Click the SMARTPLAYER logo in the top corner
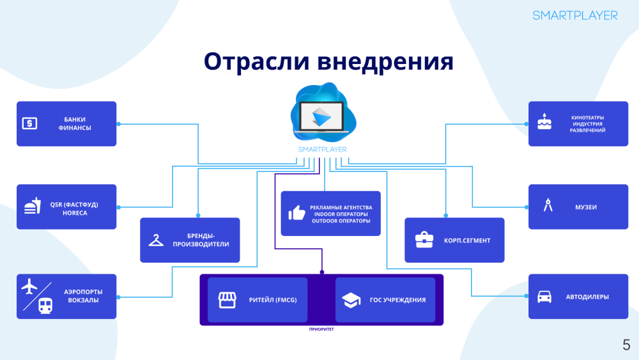click(x=575, y=15)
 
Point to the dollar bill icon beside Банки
click(x=30, y=123)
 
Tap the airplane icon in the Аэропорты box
click(x=30, y=286)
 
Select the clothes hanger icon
click(x=156, y=240)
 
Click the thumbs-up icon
click(x=296, y=213)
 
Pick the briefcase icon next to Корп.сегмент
click(x=424, y=240)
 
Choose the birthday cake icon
click(x=544, y=121)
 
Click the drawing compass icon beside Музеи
click(x=547, y=206)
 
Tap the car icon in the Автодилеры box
click(x=544, y=297)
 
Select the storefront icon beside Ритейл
click(x=227, y=299)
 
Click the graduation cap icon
click(x=351, y=299)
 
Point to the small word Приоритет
click(x=321, y=331)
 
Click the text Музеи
click(x=585, y=207)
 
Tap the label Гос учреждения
click(x=397, y=300)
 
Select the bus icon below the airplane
click(x=45, y=306)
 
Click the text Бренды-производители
click(x=201, y=240)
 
